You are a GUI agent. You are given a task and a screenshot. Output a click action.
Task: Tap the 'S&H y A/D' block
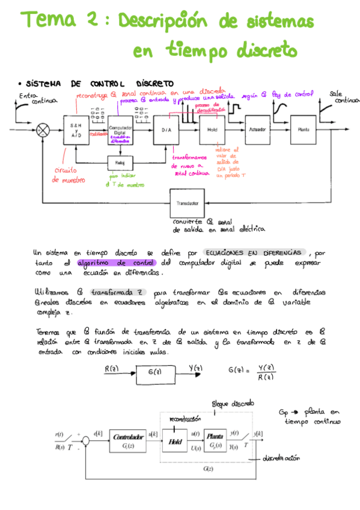pyautogui.click(x=76, y=129)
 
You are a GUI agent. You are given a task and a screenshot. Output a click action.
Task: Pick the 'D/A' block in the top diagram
pyautogui.click(x=166, y=129)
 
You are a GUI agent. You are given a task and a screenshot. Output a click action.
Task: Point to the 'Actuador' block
pyautogui.click(x=257, y=129)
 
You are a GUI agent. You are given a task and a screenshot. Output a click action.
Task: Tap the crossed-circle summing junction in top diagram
pyautogui.click(x=43, y=129)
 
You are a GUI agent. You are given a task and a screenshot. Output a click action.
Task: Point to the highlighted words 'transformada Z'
pyautogui.click(x=117, y=293)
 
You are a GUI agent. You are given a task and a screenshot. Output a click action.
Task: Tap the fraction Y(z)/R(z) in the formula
pyautogui.click(x=266, y=372)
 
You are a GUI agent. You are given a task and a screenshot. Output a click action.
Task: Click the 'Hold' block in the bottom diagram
pyautogui.click(x=175, y=441)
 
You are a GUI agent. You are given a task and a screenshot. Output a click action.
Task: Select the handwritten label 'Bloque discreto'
pyautogui.click(x=234, y=403)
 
